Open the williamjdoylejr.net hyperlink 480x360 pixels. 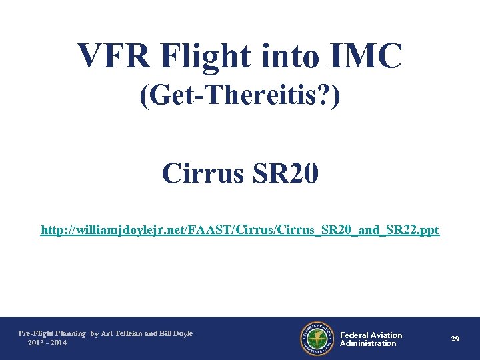pyautogui.click(x=240, y=230)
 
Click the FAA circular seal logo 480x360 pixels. pyautogui.click(x=316, y=339)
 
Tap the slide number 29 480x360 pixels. pyautogui.click(x=455, y=339)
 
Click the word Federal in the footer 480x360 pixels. pyautogui.click(x=355, y=335)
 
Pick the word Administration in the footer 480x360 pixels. pyautogui.click(x=368, y=343)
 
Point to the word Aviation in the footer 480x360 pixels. pyautogui.click(x=387, y=335)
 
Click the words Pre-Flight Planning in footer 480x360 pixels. pyautogui.click(x=52, y=333)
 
